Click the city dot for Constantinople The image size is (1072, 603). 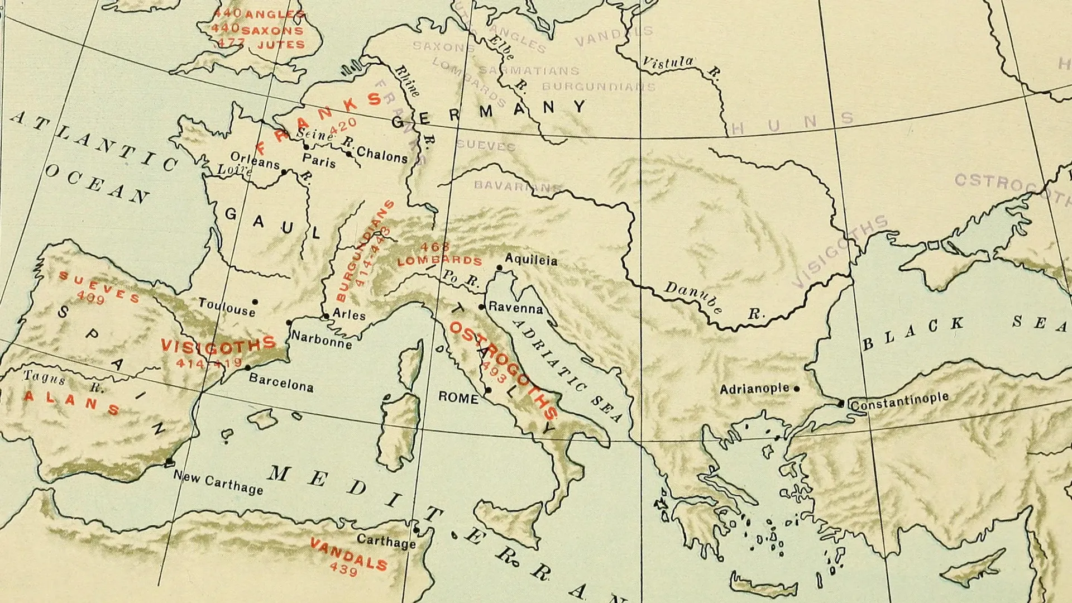841,404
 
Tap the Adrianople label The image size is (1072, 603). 754,389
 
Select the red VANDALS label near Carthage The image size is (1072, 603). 349,554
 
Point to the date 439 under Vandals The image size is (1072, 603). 343,569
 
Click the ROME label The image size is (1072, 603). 458,398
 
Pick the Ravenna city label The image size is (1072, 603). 515,308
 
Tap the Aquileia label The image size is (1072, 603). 531,260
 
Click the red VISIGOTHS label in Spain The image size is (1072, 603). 218,346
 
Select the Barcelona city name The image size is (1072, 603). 281,383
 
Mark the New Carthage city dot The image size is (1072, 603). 169,462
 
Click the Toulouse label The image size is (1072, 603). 227,307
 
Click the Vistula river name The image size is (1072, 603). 668,63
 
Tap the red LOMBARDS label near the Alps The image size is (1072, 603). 439,260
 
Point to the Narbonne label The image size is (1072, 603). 322,339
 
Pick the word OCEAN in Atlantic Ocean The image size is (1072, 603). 97,185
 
